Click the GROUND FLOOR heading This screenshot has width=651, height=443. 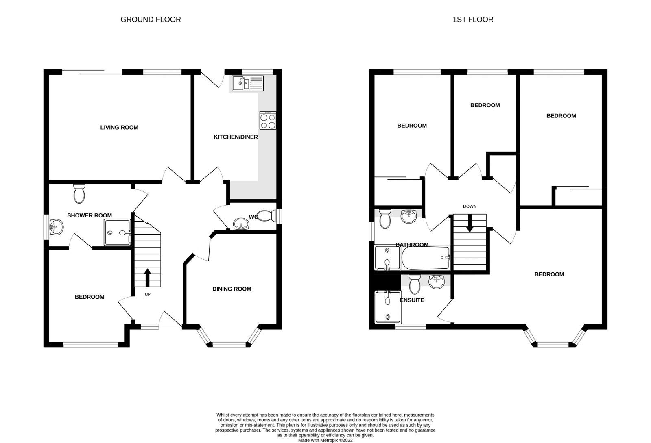[151, 20]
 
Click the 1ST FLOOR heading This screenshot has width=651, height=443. [473, 20]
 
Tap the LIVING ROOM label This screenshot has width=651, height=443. [119, 128]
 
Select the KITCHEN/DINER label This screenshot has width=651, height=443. [236, 137]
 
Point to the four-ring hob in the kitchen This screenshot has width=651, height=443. [268, 121]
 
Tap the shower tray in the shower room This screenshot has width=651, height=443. [118, 232]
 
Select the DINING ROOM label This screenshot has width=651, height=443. [232, 289]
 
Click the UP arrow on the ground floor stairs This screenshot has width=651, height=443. [147, 277]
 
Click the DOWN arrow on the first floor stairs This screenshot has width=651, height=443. [470, 224]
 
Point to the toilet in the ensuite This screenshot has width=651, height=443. [415, 284]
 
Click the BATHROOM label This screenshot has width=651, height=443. [412, 245]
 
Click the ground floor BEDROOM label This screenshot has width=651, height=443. [90, 297]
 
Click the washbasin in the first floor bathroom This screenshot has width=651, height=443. [409, 216]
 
